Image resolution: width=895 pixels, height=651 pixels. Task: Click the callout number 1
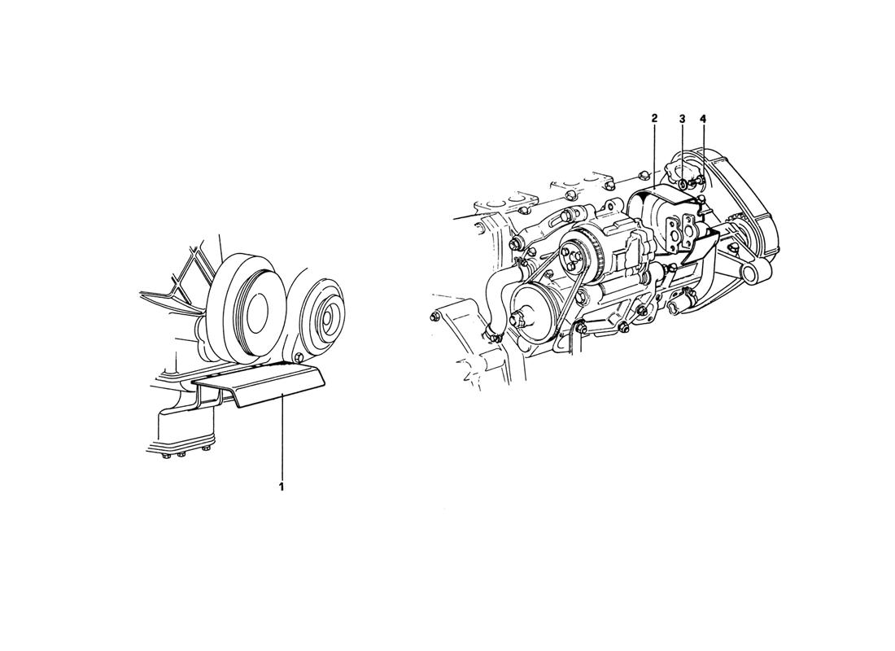click(x=282, y=487)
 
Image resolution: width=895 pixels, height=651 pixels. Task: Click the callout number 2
click(x=654, y=118)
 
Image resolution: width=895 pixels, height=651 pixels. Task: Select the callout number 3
click(x=682, y=119)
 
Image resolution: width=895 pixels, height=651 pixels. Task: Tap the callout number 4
click(x=703, y=119)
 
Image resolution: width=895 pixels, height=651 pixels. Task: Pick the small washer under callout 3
click(x=683, y=184)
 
